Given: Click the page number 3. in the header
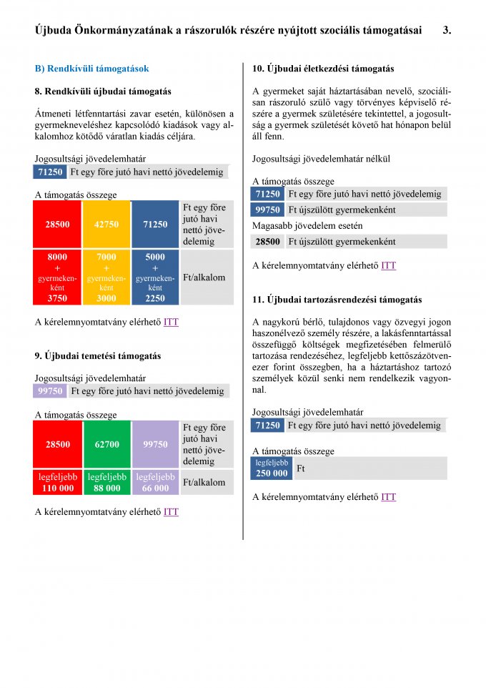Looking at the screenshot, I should point(447,30).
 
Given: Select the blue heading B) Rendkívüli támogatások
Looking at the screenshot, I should point(91,69).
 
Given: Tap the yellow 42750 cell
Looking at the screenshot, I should point(106,224).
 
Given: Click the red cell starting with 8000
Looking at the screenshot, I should point(57,277).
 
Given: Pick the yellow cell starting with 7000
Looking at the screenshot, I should point(106,277).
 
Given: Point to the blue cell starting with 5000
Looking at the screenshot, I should point(155,277).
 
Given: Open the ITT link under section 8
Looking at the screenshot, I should point(171,322).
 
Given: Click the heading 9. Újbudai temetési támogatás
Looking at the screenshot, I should point(98,355).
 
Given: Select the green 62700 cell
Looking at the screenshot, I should point(106,444).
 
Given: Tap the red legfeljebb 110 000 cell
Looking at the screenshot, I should point(57,482).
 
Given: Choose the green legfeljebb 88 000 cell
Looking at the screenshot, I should point(106,482).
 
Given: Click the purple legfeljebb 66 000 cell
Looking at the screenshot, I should point(155,482).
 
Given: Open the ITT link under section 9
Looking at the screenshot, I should point(171,511).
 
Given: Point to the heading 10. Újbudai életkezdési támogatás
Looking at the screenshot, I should point(323,69).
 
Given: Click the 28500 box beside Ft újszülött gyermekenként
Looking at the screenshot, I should point(267,242).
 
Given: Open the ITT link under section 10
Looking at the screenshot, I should point(388,265).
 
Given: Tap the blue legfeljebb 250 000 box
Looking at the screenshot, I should point(272,468).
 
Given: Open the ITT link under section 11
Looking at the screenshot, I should point(388,497).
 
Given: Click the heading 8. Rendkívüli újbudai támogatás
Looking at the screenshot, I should point(103,92).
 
